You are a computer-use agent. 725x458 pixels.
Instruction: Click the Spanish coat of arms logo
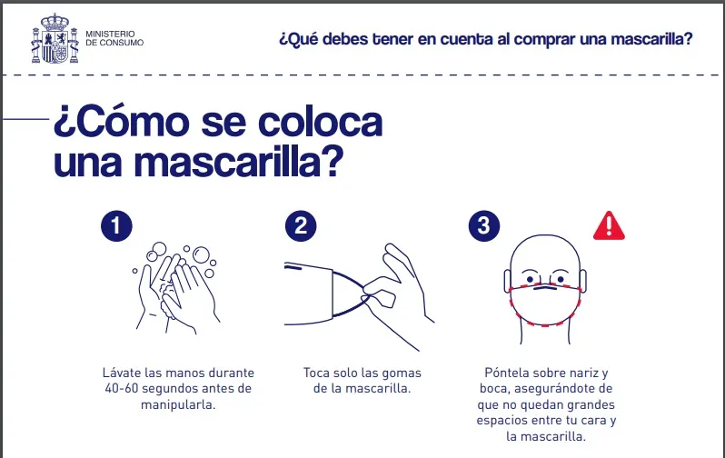pos(55,39)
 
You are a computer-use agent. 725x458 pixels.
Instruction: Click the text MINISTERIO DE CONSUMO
pos(114,39)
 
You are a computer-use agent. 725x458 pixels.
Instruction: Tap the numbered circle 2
pos(300,225)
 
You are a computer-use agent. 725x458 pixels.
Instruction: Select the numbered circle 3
pos(483,225)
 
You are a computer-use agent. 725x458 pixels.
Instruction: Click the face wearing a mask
pos(545,286)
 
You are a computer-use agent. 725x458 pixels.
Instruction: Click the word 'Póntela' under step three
pos(507,373)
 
